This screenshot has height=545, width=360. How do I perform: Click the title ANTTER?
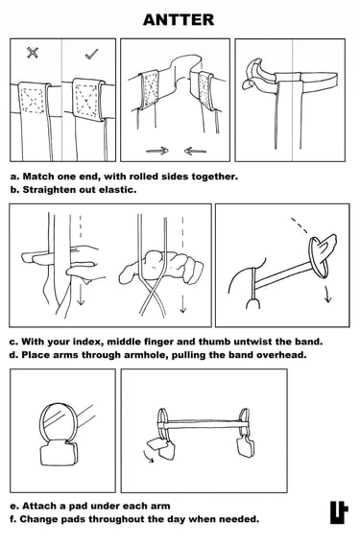pos(179,20)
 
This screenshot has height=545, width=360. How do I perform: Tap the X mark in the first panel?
pos(33,53)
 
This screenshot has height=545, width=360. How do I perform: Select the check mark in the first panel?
pos(91,54)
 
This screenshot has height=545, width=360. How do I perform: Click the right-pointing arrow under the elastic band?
pos(156,151)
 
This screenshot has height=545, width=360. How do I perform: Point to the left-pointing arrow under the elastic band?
pos(195,151)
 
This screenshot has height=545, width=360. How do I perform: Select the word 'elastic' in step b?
pos(117,190)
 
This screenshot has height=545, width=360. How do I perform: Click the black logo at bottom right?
pos(339,512)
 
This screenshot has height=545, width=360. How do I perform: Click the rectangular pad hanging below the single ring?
pos(60,453)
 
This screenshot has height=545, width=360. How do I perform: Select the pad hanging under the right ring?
pos(245,447)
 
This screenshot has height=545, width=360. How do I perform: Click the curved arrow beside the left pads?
pos(148,457)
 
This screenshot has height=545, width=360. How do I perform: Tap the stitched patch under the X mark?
pos(33,101)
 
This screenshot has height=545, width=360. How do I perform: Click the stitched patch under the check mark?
pos(87,100)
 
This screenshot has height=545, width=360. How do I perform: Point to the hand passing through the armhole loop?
pos(325,246)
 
